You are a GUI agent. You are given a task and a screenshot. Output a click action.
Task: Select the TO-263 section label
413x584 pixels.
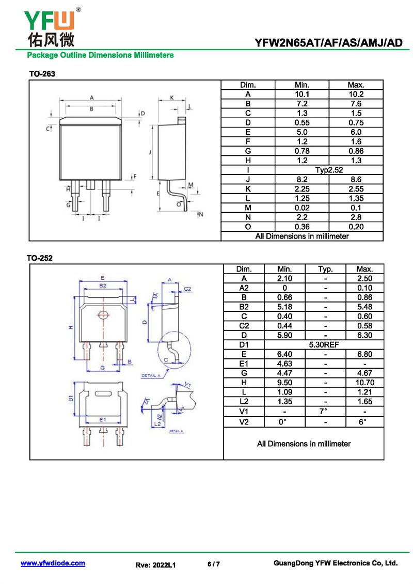pyautogui.click(x=42, y=74)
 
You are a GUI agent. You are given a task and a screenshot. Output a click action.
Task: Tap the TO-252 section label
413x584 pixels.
pyautogui.click(x=40, y=258)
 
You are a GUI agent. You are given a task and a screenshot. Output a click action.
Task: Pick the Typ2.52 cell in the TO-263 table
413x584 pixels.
pyautogui.click(x=329, y=170)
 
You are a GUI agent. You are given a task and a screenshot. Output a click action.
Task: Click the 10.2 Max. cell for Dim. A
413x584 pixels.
pyautogui.click(x=356, y=94)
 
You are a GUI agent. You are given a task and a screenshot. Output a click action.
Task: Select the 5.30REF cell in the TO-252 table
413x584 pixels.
pyautogui.click(x=325, y=344)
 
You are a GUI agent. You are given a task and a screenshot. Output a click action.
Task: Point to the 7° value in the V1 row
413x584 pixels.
pyautogui.click(x=325, y=411)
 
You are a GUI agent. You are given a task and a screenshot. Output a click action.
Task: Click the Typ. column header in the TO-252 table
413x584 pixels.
pyautogui.click(x=325, y=269)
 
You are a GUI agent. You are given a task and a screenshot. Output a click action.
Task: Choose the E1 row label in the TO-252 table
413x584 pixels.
pyautogui.click(x=244, y=364)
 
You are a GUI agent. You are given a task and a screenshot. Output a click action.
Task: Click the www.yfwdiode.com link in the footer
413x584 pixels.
pyautogui.click(x=53, y=563)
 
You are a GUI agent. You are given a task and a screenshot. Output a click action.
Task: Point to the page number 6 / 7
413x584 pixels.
pyautogui.click(x=214, y=564)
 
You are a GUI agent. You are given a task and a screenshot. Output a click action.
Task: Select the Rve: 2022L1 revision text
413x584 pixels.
pyautogui.click(x=156, y=565)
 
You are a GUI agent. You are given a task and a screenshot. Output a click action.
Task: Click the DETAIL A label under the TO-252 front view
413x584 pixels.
pyautogui.click(x=151, y=376)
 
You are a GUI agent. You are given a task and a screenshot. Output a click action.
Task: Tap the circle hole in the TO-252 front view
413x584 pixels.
pyautogui.click(x=103, y=315)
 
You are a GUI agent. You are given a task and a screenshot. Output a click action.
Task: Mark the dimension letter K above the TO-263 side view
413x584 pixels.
pyautogui.click(x=172, y=97)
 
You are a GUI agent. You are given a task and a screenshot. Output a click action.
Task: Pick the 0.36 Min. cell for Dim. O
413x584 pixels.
pyautogui.click(x=301, y=227)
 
